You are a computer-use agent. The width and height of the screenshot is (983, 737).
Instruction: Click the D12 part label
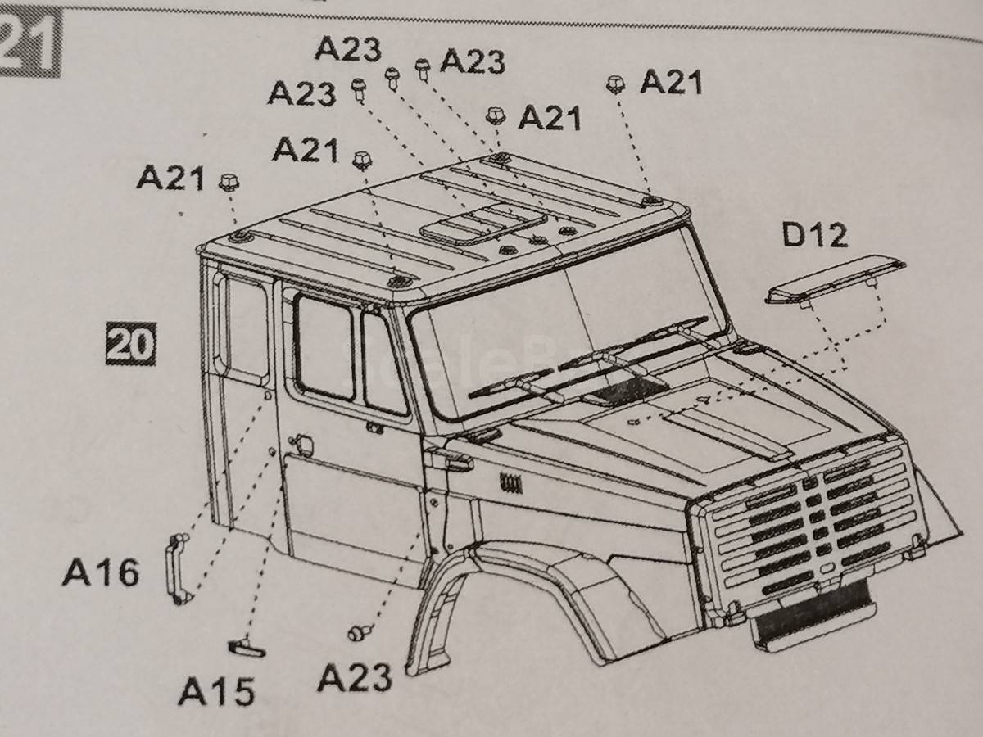pyautogui.click(x=813, y=236)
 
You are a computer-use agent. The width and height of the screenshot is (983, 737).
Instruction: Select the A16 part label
pyautogui.click(x=101, y=572)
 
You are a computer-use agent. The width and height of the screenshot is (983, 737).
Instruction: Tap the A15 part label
pyautogui.click(x=217, y=693)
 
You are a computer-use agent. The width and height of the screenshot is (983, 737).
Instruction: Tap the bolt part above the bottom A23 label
pyautogui.click(x=360, y=632)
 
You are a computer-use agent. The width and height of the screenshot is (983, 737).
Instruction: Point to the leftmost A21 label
pyautogui.click(x=170, y=177)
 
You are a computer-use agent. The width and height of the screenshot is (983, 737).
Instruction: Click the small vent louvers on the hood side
pyautogui.click(x=511, y=482)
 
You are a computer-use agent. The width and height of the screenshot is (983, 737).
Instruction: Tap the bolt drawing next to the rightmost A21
pyautogui.click(x=615, y=84)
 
